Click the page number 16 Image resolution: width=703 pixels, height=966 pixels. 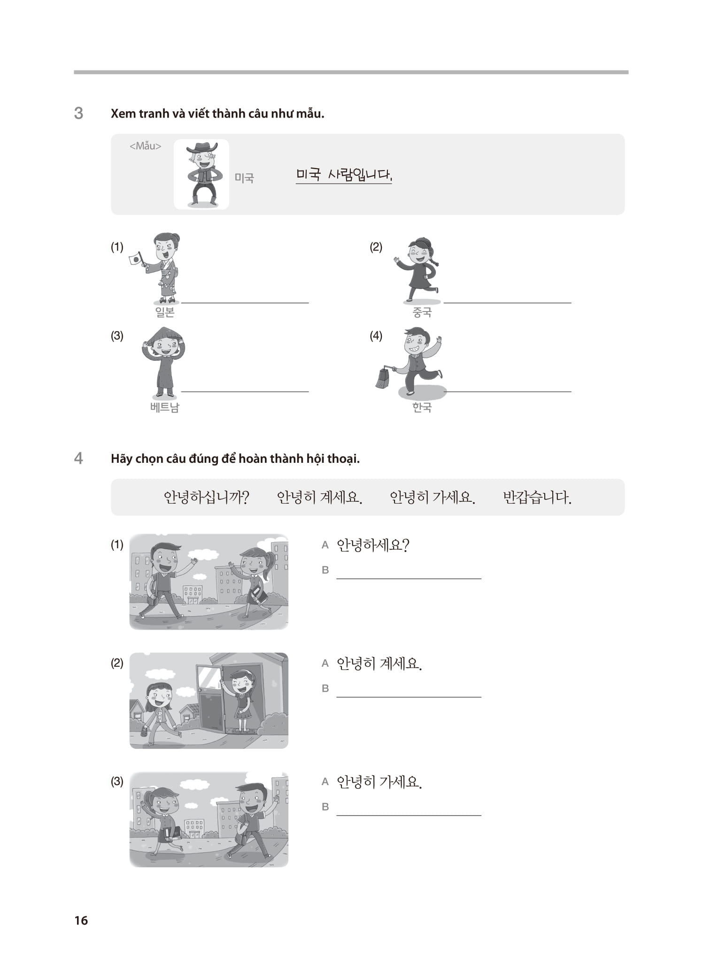(x=81, y=920)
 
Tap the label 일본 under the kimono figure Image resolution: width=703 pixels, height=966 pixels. (x=165, y=312)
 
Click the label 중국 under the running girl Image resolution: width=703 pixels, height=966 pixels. (x=422, y=312)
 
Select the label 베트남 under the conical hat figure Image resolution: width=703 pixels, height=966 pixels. (x=165, y=407)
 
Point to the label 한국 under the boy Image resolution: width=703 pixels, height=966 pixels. (x=422, y=407)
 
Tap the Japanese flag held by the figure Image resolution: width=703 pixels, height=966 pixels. (x=135, y=258)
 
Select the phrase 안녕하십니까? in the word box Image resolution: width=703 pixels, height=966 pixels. (x=206, y=497)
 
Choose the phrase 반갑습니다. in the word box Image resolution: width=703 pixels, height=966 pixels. (x=537, y=497)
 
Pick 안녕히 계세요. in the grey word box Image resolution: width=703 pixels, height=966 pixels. (x=319, y=497)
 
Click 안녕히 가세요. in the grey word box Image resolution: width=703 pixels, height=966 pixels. (x=433, y=497)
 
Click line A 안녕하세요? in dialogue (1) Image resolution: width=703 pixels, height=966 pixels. (x=373, y=545)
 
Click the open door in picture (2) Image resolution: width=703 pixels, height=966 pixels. (x=211, y=700)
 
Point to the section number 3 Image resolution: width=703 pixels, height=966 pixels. (x=78, y=113)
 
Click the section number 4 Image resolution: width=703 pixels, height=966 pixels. (x=78, y=458)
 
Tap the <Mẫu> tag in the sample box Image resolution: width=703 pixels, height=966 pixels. (x=145, y=146)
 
